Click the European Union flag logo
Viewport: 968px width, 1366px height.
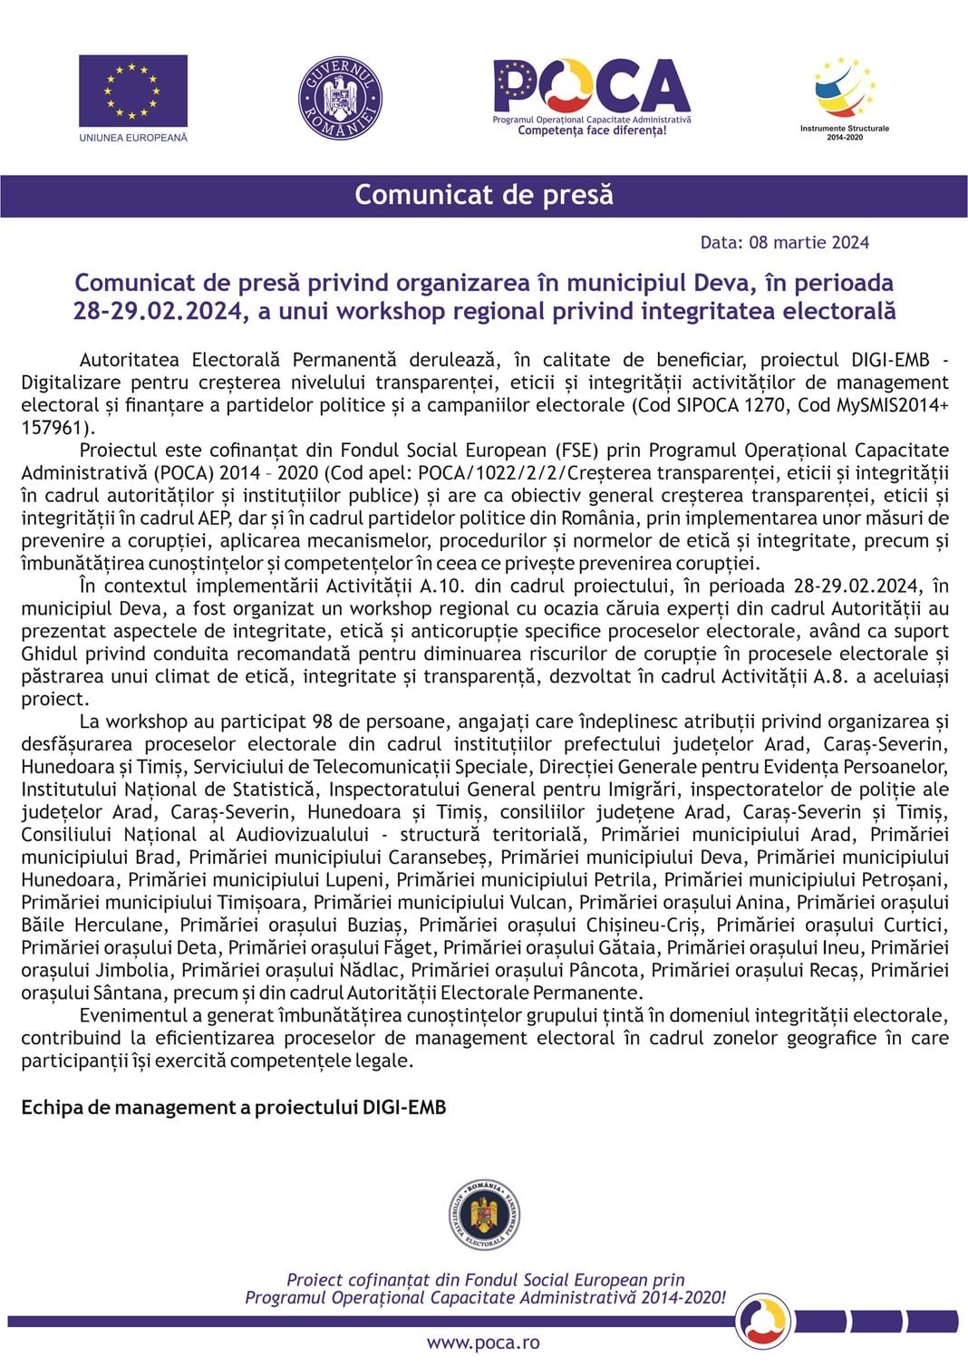tap(132, 91)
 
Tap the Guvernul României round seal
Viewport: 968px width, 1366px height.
tap(340, 98)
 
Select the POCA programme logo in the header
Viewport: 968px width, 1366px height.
tap(591, 97)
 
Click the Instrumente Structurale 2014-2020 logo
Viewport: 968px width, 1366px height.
tap(844, 98)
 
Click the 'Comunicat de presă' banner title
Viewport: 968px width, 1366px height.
tap(484, 195)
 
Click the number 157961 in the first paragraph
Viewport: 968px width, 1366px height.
tap(53, 428)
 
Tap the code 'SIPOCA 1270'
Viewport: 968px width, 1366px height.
tap(732, 405)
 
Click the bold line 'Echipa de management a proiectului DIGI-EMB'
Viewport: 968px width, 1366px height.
tap(234, 1108)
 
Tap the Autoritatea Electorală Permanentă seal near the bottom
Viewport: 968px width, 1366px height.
tap(484, 1216)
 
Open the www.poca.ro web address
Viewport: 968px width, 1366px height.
tap(483, 1343)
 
